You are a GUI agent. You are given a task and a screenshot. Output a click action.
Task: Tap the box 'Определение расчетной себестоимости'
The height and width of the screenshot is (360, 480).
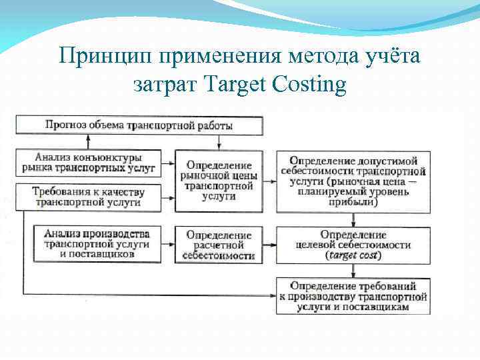pos(219,245)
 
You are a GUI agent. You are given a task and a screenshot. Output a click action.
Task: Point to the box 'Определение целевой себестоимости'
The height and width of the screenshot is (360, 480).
pos(353,245)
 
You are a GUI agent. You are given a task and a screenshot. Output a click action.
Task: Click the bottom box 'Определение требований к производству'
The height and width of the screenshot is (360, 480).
pos(353,297)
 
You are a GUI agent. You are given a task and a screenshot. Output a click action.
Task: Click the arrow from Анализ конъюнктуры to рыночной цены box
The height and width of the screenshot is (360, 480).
pos(167,163)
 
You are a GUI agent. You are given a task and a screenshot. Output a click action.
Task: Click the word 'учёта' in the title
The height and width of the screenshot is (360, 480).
pos(395,56)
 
